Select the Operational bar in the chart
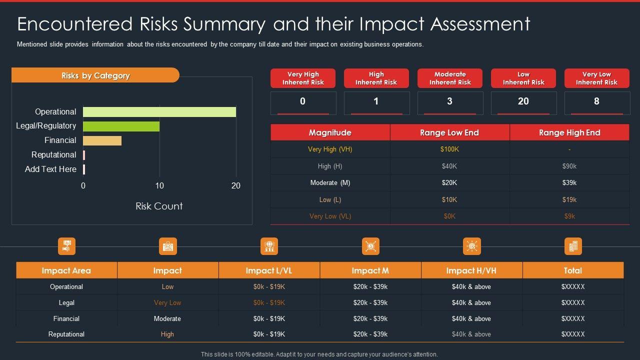(159, 112)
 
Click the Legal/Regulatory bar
(121, 126)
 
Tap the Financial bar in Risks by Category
(102, 140)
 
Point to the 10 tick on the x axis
(159, 186)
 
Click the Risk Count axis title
(159, 206)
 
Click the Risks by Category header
(95, 75)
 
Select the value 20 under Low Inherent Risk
(523, 101)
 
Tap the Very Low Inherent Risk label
(596, 78)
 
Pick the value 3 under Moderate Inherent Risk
(449, 101)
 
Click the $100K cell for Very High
(449, 149)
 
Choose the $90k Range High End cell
(569, 166)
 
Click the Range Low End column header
(449, 132)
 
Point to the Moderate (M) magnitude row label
(330, 183)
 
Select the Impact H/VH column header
(471, 270)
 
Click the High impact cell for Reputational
(167, 334)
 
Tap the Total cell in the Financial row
(572, 318)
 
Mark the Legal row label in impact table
(66, 302)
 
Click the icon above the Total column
(573, 246)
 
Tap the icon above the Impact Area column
(66, 246)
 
